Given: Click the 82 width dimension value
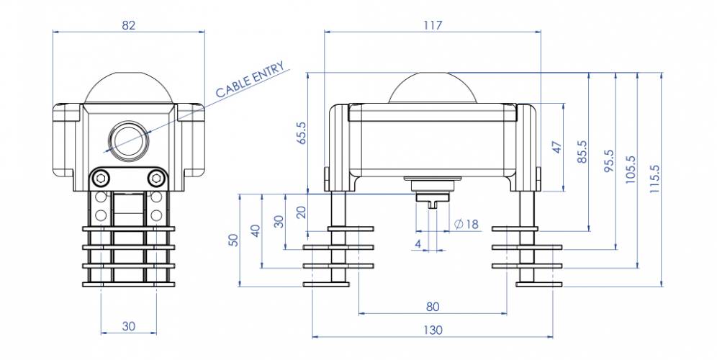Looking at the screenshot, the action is tap(129, 25).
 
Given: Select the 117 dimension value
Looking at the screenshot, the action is tap(433, 25).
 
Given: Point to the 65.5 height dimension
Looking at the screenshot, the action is tap(302, 133).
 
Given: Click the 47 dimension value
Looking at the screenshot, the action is tap(557, 148).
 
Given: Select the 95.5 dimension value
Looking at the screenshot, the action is tap(608, 161).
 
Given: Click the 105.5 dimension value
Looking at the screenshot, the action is tap(631, 170).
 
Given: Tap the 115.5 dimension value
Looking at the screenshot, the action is tap(655, 179).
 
